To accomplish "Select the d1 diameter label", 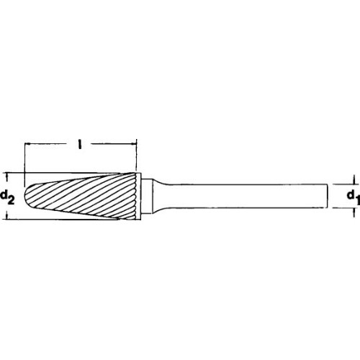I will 350,195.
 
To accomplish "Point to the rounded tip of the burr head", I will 29,195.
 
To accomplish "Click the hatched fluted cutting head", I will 86,195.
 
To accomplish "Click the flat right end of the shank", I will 329,195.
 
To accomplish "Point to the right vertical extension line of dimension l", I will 137,158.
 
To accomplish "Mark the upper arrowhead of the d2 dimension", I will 8,176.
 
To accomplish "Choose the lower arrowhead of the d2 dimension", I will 8,215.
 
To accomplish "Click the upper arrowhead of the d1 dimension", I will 354,182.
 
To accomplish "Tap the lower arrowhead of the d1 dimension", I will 354,209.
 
